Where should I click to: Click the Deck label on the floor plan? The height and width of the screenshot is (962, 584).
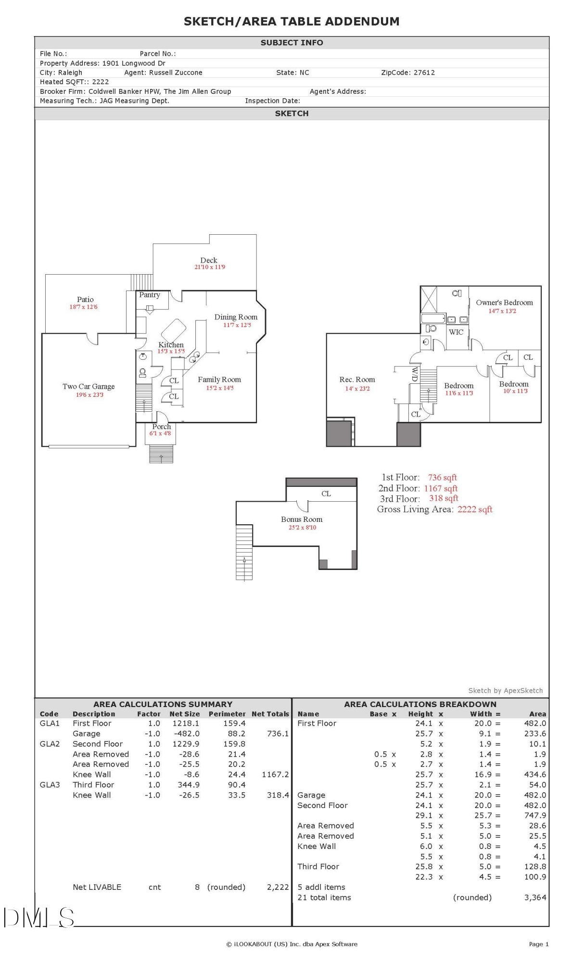209,260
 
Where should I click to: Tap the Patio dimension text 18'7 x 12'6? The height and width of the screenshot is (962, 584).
83,307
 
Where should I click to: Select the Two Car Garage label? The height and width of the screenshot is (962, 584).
89,386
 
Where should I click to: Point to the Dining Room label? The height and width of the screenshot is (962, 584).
236,317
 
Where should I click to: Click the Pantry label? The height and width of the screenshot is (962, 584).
150,295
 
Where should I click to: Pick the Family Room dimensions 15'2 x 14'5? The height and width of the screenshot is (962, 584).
220,388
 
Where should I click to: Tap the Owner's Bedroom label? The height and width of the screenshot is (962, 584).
504,303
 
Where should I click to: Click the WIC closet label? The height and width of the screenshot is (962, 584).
456,332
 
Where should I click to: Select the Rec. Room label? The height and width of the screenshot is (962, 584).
357,380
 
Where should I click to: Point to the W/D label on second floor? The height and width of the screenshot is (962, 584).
414,374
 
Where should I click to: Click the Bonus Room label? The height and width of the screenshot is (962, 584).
302,519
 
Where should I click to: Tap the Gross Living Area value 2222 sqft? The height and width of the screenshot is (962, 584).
475,509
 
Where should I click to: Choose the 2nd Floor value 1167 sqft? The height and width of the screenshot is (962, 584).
441,488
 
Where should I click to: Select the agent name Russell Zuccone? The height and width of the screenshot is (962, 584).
176,73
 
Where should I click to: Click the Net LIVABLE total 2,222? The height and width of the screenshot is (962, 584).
278,887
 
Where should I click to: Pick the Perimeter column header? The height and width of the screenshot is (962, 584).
227,714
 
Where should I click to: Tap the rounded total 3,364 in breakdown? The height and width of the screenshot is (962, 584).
535,897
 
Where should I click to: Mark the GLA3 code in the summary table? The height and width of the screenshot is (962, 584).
50,785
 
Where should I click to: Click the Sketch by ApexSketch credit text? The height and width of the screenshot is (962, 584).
505,691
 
